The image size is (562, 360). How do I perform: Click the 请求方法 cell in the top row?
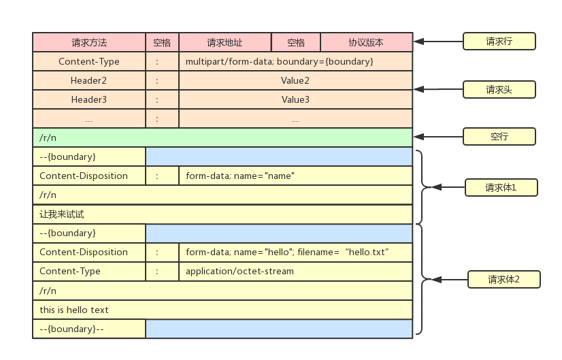tap(89, 42)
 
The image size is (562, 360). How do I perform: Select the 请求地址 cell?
tap(225, 42)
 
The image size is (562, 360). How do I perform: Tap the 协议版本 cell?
tap(366, 42)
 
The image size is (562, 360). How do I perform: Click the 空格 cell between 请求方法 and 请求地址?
tap(162, 42)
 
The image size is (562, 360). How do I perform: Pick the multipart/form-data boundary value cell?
tap(295, 61)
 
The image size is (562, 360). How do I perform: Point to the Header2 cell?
tap(89, 80)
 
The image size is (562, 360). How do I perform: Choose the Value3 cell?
tap(295, 99)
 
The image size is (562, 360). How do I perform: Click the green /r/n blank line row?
tap(222, 137)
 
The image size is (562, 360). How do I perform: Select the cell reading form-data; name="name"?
tap(295, 176)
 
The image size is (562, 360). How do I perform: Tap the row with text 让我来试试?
tap(222, 214)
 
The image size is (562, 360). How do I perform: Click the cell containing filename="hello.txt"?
tap(295, 252)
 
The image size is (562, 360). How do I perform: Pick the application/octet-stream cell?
tap(295, 271)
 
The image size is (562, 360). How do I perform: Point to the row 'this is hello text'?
tap(222, 310)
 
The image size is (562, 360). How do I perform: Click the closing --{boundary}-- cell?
tap(89, 329)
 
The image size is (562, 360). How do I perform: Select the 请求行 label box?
tap(499, 42)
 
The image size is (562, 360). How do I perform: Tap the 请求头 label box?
tap(499, 89)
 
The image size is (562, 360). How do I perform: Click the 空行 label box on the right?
tap(499, 136)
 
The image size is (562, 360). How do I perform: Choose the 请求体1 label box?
tap(501, 188)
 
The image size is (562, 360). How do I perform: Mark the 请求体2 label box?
tap(503, 279)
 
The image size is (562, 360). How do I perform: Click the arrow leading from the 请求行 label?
tap(438, 42)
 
